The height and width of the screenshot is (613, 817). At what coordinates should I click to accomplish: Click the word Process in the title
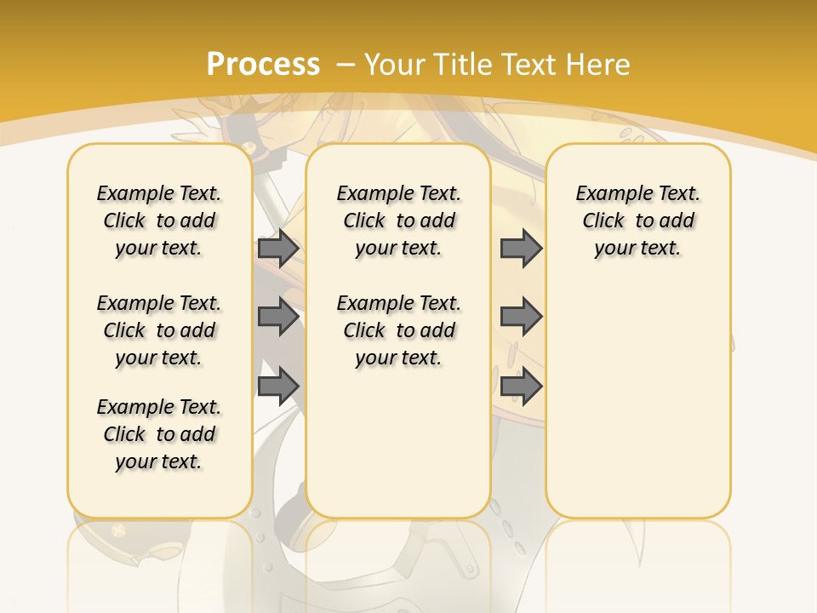(x=263, y=64)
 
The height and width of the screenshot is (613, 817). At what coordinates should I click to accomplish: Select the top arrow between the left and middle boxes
(x=277, y=249)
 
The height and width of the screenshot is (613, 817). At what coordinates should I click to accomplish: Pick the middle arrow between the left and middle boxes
(x=277, y=317)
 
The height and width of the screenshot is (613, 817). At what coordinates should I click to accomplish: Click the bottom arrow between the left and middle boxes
(x=277, y=386)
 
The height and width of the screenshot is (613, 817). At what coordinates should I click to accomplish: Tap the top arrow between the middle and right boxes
(x=521, y=249)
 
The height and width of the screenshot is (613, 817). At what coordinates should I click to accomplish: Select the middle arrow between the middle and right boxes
(x=521, y=317)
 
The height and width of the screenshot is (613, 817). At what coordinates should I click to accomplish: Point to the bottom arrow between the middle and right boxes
(x=521, y=386)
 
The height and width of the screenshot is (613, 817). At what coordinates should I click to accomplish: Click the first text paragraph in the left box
(x=159, y=221)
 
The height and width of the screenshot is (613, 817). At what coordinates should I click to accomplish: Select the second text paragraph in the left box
(x=159, y=330)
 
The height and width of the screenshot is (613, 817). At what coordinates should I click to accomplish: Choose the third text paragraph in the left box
(x=159, y=434)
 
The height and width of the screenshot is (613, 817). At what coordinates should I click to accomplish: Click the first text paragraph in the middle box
(x=398, y=221)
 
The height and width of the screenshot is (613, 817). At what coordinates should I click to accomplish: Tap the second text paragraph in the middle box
(x=398, y=330)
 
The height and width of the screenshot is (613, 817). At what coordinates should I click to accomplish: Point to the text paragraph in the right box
(x=637, y=221)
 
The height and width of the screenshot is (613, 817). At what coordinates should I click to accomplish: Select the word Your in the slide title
(x=396, y=64)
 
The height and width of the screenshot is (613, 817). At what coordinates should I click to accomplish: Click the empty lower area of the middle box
(x=398, y=443)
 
